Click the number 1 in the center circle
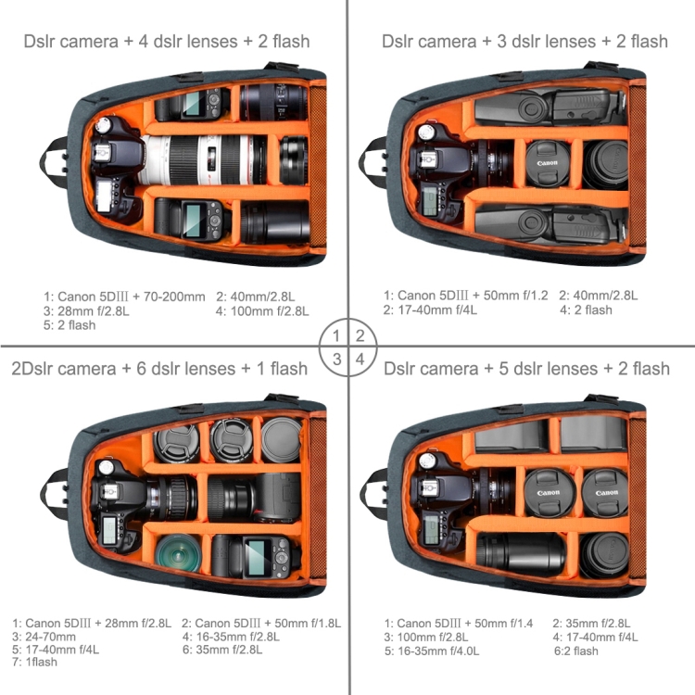pos(337,335)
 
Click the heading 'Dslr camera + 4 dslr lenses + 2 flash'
pos(167,41)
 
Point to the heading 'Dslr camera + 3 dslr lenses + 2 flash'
pos(524,41)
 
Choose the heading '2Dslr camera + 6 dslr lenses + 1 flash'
pos(160,369)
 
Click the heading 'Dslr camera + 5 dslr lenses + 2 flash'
pos(525,369)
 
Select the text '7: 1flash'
pos(35,662)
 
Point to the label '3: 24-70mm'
pos(44,637)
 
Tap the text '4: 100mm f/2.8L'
pos(262,310)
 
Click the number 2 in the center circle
pos(360,335)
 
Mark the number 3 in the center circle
pos(337,359)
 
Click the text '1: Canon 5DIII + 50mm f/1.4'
pos(459,623)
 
